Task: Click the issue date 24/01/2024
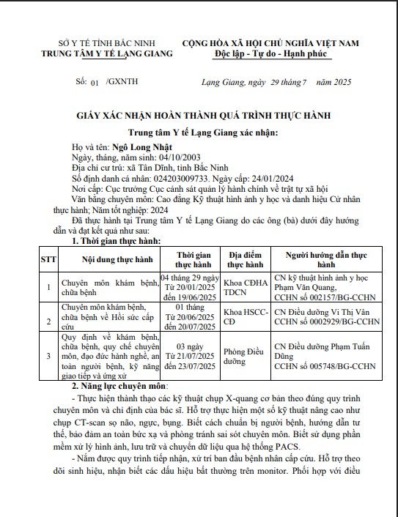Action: (x=276, y=177)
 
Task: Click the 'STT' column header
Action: (x=48, y=259)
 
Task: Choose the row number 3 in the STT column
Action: (x=48, y=356)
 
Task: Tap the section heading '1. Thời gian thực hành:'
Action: (x=117, y=240)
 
